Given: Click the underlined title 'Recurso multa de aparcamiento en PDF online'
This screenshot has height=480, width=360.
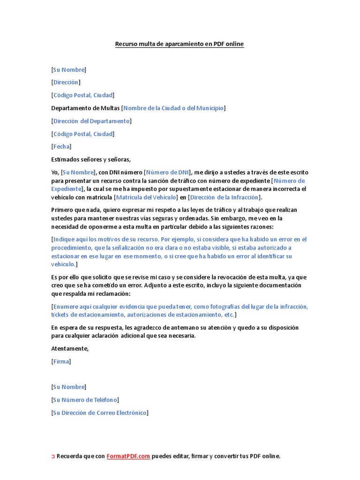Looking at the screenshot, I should coord(180,44).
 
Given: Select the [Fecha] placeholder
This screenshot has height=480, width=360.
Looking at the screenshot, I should coord(61,146).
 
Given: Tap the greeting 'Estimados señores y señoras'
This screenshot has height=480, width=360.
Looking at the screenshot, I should coord(91,159).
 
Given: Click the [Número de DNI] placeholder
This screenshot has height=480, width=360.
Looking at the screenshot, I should coord(167,172).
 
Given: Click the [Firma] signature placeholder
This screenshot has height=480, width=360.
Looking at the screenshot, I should coord(61,361).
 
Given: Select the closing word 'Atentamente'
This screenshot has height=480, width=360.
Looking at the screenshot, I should coord(69,349).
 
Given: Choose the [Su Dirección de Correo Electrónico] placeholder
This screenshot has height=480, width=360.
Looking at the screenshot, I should coord(99,412).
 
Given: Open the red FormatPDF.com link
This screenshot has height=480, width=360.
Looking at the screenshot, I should coord(128,456).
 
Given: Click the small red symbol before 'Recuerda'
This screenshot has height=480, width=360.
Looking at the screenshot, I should coord(53,457).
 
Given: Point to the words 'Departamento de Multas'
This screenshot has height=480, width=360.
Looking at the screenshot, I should coord(85,108).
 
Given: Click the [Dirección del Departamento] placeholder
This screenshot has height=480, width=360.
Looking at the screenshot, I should coord(91,121).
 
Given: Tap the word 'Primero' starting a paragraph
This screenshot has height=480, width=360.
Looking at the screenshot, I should coord(63,210).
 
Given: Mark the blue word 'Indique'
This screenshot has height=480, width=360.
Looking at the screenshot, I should coord(64,240).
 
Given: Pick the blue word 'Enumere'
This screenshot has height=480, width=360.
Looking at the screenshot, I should coord(66,307).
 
